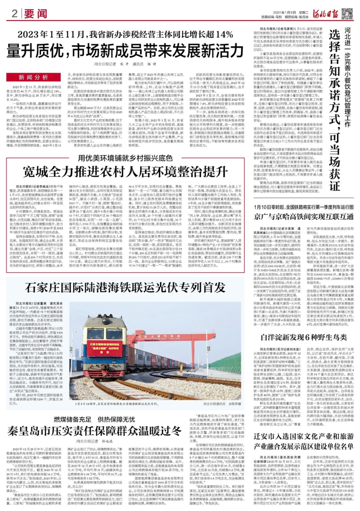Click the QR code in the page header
[x=347, y=13]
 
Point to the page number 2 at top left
[x=14, y=14]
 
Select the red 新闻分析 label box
[x=33, y=77]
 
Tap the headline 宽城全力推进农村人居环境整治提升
[x=125, y=172]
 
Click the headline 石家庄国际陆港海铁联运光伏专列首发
[x=125, y=287]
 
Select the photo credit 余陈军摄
[x=235, y=404]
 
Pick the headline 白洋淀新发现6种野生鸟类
[x=304, y=337]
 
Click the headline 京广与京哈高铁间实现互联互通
[x=304, y=217]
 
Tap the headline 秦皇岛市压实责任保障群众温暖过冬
[x=95, y=431]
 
